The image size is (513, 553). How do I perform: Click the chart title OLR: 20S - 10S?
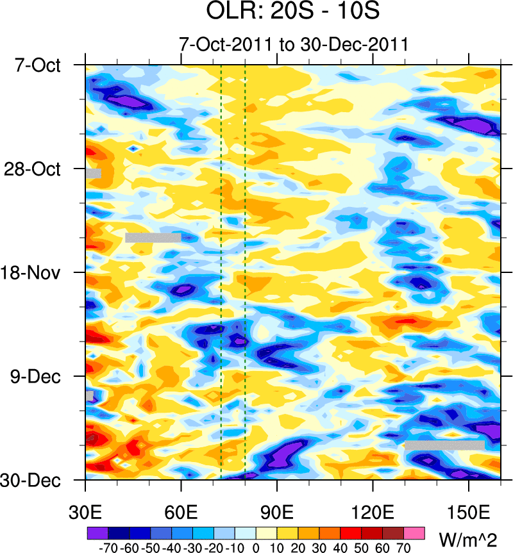pyautogui.click(x=294, y=13)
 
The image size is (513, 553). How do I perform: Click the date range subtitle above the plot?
pyautogui.click(x=294, y=45)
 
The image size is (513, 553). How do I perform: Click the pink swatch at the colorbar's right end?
pyautogui.click(x=415, y=532)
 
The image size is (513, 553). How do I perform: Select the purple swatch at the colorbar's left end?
pyautogui.click(x=97, y=532)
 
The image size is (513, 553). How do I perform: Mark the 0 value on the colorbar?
pyautogui.click(x=256, y=548)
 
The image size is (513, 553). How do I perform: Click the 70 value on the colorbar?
pyautogui.click(x=404, y=548)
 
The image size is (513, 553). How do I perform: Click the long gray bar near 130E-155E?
pyautogui.click(x=444, y=445)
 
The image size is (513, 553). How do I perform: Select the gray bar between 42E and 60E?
pyautogui.click(x=153, y=238)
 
